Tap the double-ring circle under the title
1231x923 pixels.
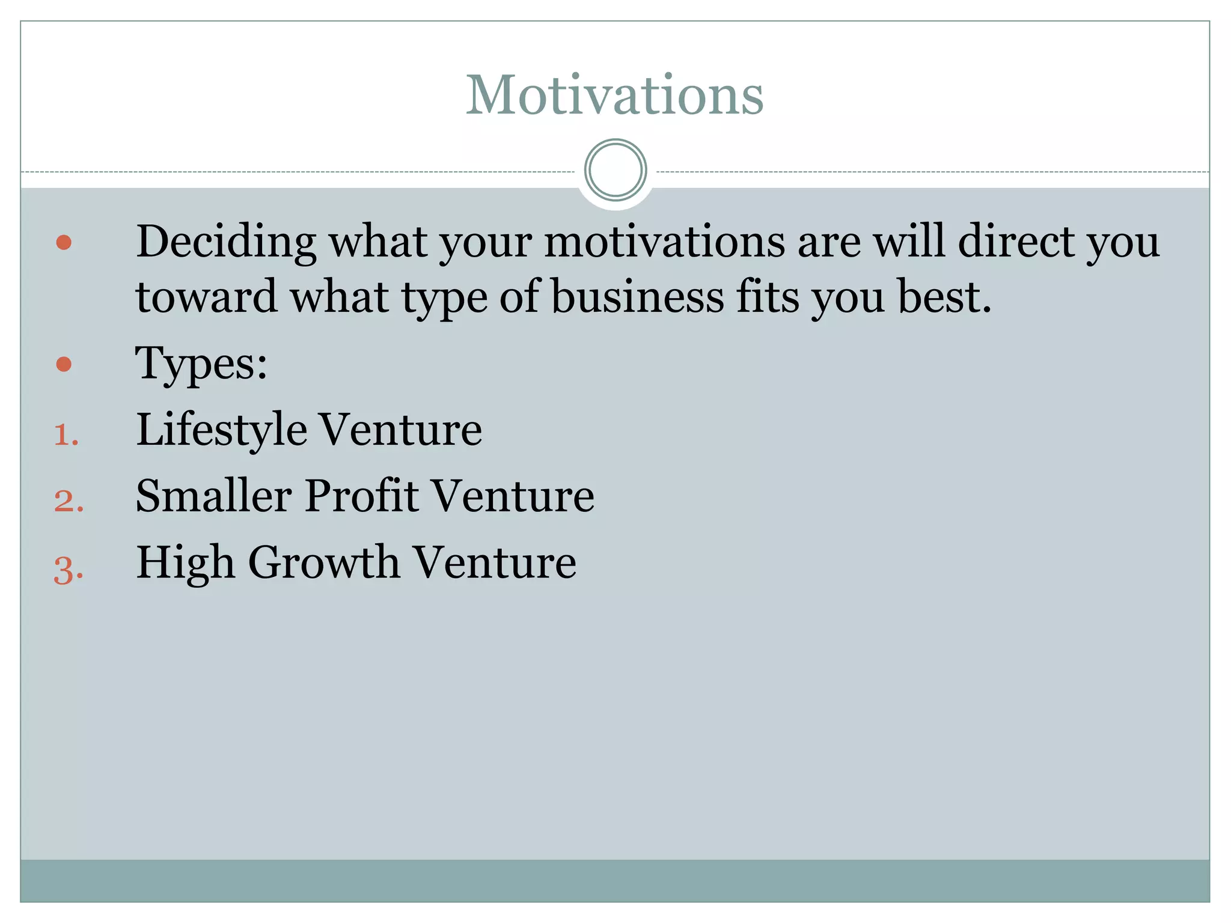tap(615, 170)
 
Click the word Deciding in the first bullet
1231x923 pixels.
tap(226, 242)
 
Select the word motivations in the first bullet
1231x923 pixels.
tap(664, 242)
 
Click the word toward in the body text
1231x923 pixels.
tap(206, 297)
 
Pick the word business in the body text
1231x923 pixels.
tap(638, 297)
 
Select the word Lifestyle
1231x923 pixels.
tap(221, 430)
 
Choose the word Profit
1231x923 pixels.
tap(361, 496)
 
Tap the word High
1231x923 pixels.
tap(185, 563)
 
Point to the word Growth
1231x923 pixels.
tap(324, 563)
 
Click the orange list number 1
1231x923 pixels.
tap(66, 435)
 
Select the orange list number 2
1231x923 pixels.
tap(68, 501)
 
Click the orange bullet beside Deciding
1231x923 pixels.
tap(64, 242)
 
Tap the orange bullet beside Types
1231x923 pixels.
tap(64, 364)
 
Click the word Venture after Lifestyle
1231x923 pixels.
tap(400, 430)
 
